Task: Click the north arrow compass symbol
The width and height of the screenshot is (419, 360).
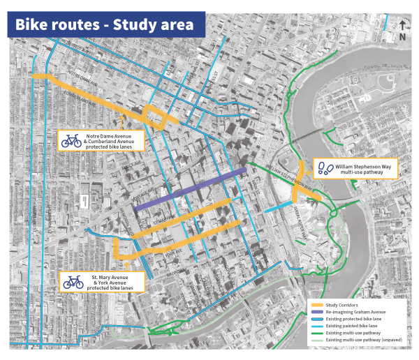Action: click(404, 31)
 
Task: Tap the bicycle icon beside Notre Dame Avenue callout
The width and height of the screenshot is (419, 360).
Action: click(71, 141)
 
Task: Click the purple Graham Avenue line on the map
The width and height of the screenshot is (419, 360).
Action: click(189, 190)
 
